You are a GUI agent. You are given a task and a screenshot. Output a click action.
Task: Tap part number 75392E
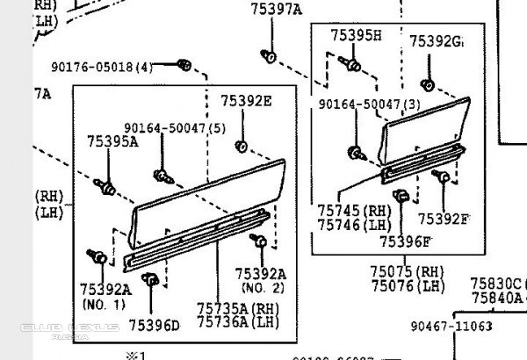tap(246, 101)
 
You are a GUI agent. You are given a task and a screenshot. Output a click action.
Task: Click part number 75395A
tap(112, 140)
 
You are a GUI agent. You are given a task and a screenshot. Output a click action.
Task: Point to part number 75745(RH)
tap(354, 212)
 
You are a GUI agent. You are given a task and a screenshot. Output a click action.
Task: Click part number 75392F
tap(444, 219)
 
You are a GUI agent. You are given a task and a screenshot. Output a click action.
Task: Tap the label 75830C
tap(495, 284)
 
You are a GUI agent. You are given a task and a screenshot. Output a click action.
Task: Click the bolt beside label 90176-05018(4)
tap(184, 65)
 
